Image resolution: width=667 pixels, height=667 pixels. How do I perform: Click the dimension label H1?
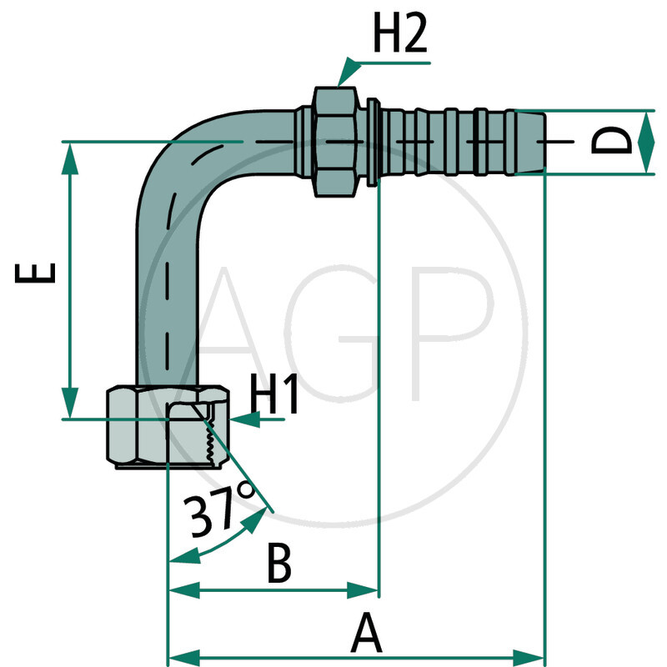click(x=275, y=399)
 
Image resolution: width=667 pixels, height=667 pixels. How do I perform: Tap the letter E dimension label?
click(x=38, y=273)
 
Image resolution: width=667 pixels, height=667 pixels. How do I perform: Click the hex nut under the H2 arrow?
click(x=338, y=141)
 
